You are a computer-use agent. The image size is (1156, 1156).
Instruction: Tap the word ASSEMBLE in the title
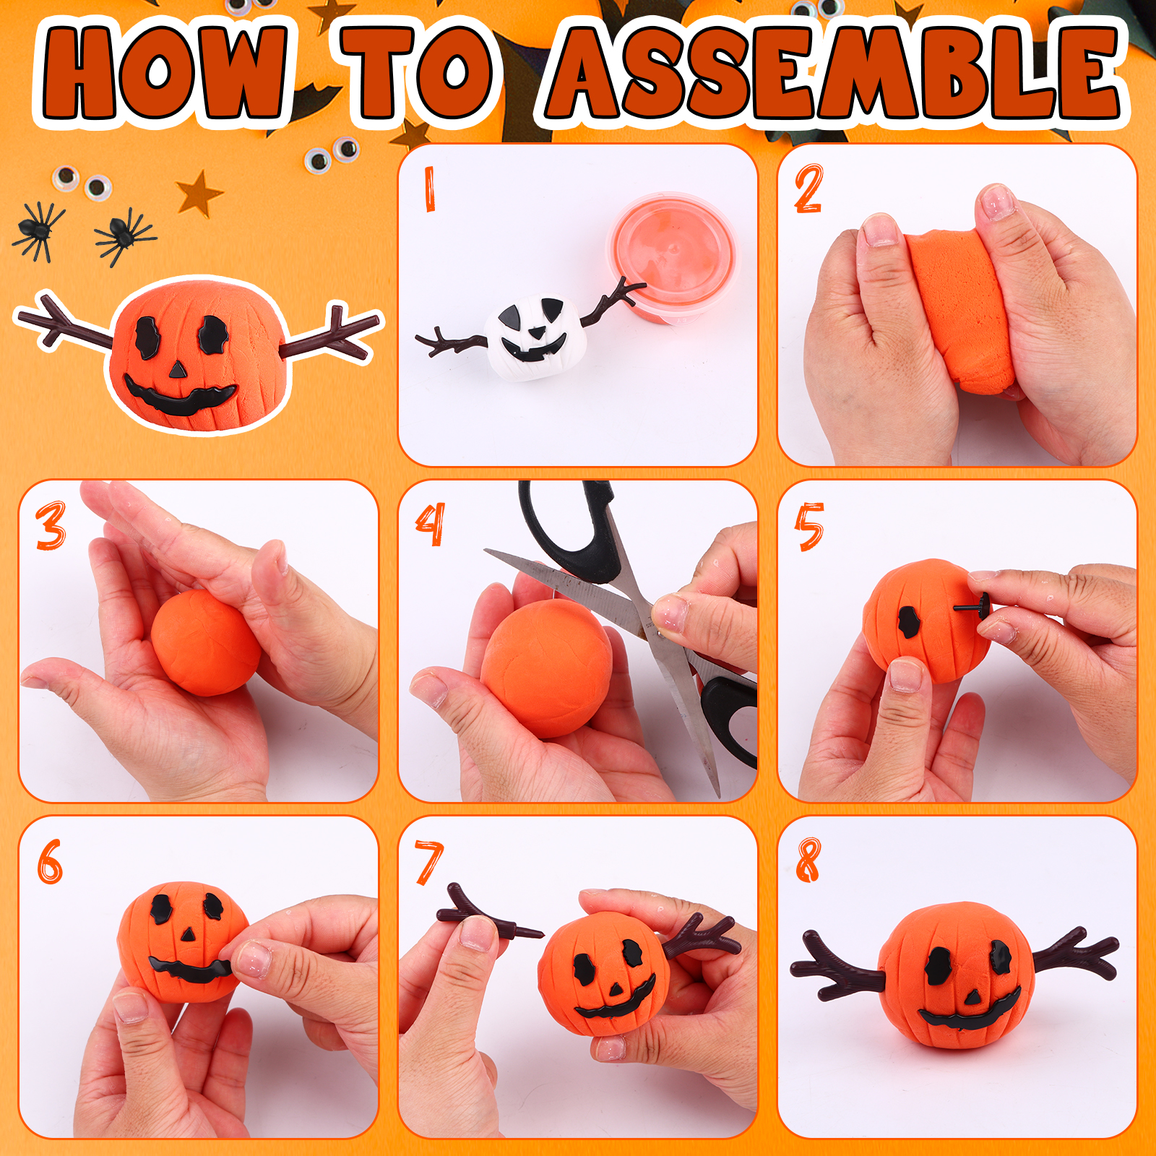coord(834,72)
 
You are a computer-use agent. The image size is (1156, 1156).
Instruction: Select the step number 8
coord(808,860)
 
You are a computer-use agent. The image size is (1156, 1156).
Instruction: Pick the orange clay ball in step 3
coord(206,642)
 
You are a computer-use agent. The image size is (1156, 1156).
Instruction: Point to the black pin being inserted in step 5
coord(972,605)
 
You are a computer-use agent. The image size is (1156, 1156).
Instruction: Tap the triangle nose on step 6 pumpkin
coord(189,934)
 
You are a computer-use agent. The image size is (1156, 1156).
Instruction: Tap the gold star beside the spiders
coord(199,194)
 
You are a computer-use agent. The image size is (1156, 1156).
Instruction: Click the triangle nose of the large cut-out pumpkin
coord(178,371)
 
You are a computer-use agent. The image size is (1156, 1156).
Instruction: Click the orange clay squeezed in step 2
coord(957,311)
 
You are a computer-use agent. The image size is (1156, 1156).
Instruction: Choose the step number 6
coord(50,861)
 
